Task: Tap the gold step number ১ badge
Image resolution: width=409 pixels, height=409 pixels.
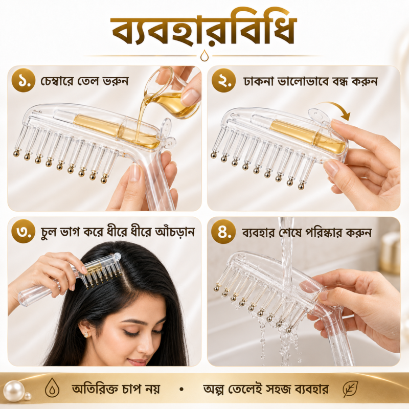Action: [23, 80]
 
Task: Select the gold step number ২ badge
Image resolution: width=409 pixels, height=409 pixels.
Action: [223, 80]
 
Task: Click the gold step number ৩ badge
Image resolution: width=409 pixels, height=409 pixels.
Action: [23, 232]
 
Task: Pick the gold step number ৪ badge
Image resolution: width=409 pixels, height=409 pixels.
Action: [223, 232]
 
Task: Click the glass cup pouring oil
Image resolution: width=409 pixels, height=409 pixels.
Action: [171, 93]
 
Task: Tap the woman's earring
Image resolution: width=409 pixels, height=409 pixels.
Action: [86, 334]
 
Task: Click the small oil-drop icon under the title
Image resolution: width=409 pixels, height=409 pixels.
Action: [204, 56]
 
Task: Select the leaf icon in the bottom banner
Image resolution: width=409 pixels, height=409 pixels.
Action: [351, 389]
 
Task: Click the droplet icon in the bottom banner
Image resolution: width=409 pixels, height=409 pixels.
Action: [52, 388]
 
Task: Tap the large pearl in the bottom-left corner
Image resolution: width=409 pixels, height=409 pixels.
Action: [14, 391]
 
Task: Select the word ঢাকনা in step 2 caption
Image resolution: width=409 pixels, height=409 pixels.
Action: [259, 81]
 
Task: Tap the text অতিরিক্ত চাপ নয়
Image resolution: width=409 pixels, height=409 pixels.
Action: [116, 389]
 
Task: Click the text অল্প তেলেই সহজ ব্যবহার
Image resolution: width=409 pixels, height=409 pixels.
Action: [265, 389]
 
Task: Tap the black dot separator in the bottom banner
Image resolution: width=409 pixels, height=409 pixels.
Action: [181, 390]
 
